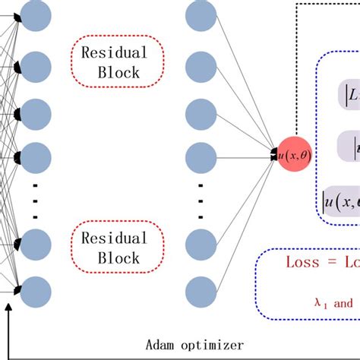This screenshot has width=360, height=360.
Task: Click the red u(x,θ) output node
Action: coord(295,155)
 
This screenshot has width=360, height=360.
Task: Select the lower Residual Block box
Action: coord(118,248)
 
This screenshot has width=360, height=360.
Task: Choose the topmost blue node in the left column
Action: coord(35,14)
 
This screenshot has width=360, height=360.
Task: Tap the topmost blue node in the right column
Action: coord(201,14)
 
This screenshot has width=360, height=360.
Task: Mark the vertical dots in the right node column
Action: coord(201,204)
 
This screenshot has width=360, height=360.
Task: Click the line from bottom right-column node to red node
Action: coord(247,228)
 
